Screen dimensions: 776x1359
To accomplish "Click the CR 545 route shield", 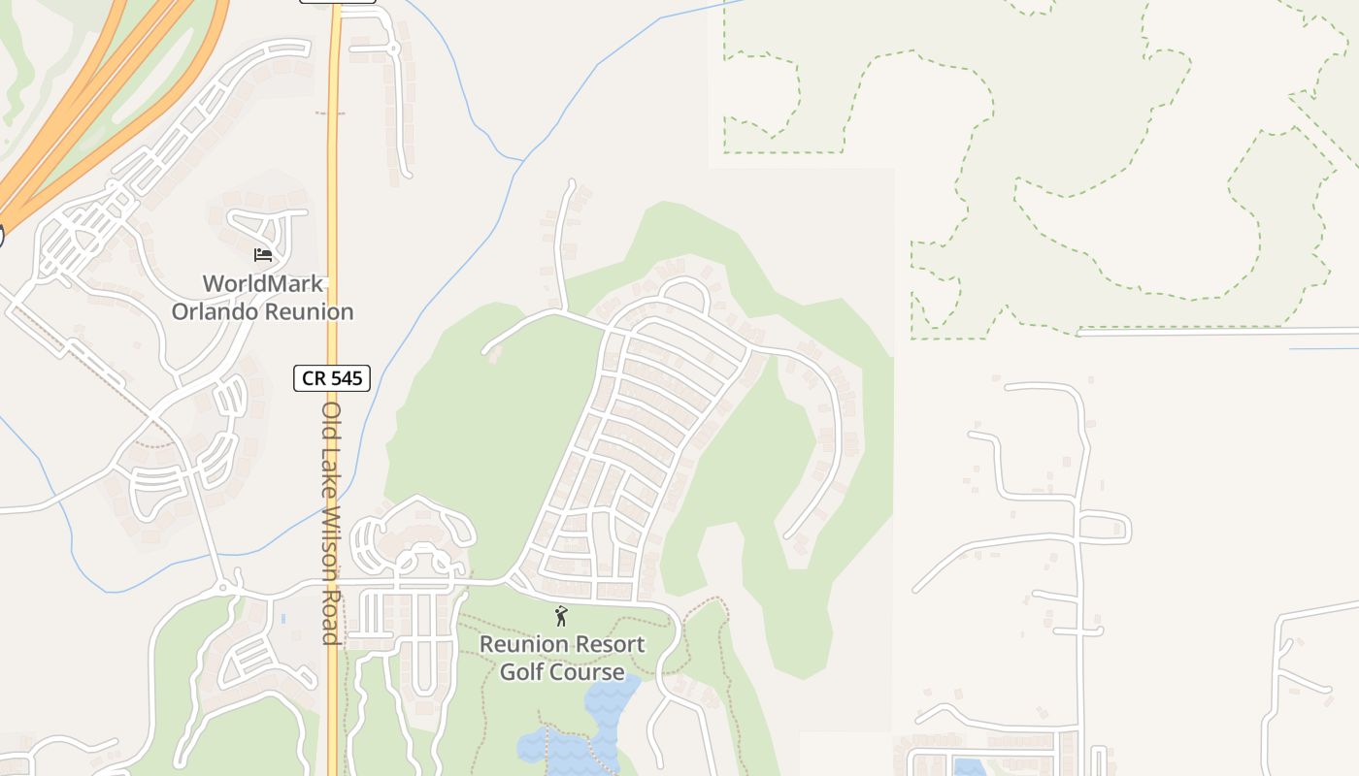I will point(332,377).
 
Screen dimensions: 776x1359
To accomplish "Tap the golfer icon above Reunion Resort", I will point(560,616).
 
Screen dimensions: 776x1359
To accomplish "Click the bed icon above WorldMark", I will point(263,255).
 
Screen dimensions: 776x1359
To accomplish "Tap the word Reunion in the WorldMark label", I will point(308,311).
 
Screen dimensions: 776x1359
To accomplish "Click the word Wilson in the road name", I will point(331,538).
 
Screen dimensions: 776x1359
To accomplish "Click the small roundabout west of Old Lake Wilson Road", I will point(224,587).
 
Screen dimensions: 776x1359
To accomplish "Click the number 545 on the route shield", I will point(346,377).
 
